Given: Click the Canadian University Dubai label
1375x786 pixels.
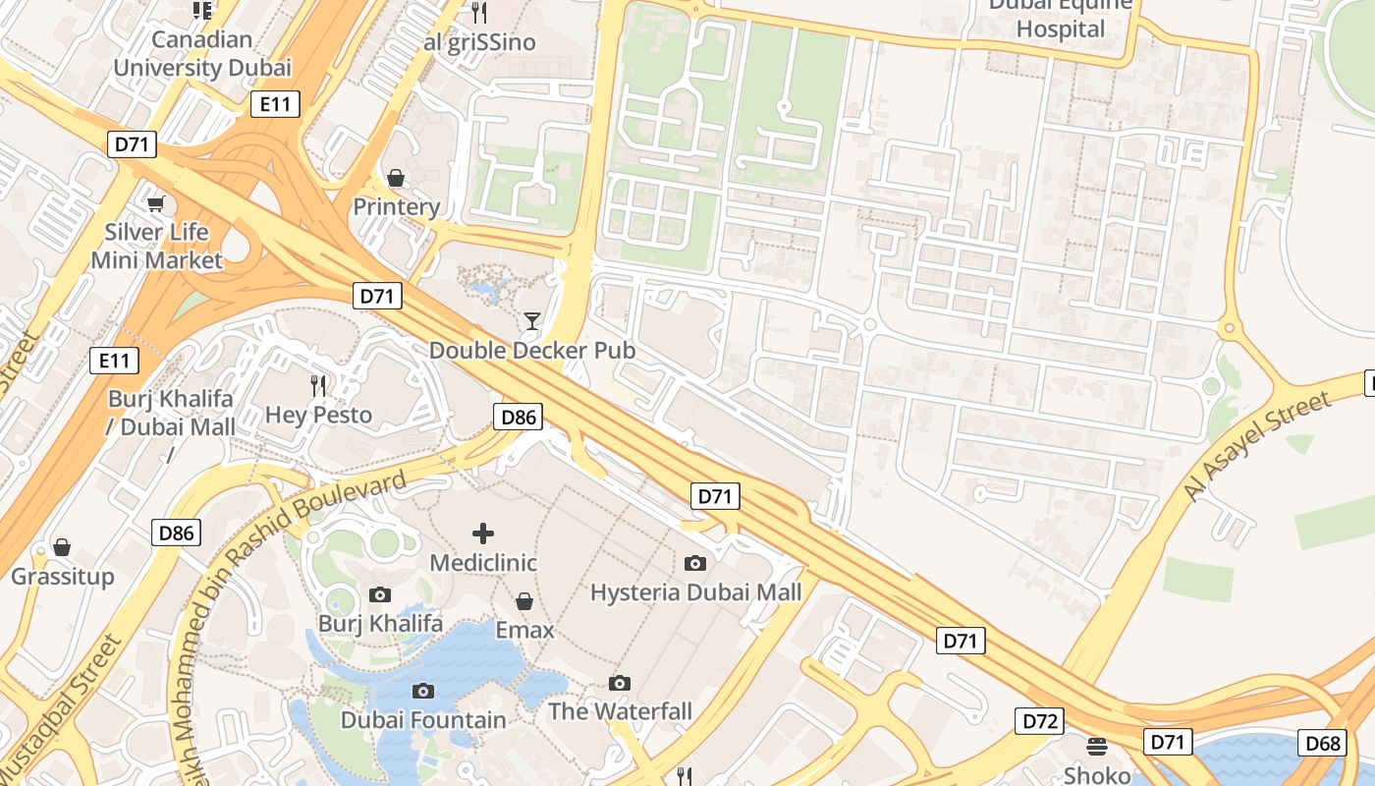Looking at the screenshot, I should [x=202, y=54].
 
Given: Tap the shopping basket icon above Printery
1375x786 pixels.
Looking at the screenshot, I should [x=396, y=178].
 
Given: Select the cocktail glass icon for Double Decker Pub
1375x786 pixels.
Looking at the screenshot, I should [x=531, y=320].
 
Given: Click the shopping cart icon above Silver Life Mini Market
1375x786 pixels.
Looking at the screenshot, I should [x=155, y=203].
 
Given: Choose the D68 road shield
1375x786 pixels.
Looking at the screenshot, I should [x=1322, y=743].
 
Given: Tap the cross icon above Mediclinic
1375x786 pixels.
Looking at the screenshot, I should [x=483, y=533].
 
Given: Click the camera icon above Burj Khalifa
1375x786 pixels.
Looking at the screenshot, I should [x=380, y=594].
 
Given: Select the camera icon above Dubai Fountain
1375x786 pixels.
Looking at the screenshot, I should [x=423, y=691].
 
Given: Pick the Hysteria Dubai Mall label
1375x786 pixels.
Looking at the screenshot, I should [x=695, y=592].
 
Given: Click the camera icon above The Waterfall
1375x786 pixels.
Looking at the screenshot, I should [x=620, y=683].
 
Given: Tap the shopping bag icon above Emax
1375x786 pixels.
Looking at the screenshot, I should [x=524, y=600].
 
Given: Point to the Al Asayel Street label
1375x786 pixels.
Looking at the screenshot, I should [x=1259, y=445].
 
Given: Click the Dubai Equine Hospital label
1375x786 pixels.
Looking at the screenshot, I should [x=1061, y=18].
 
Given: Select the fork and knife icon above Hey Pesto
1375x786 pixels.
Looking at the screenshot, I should [x=318, y=385].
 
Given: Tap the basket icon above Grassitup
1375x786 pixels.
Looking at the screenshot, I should [x=62, y=547].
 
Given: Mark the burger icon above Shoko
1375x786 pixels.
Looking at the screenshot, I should [x=1097, y=746].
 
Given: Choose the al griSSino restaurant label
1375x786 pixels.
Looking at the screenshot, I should [x=479, y=42].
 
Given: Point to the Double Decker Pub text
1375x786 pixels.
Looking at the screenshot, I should [x=531, y=350].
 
